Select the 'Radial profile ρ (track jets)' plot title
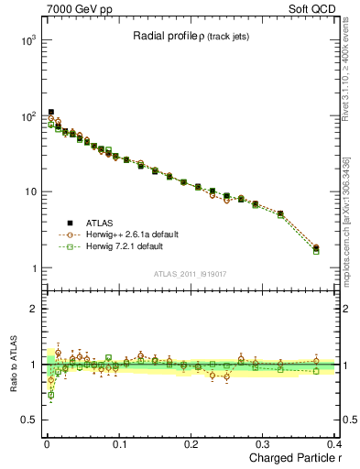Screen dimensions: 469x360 [190, 37]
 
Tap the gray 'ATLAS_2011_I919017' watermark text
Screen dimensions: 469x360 [190, 274]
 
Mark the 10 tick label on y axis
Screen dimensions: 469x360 [27, 192]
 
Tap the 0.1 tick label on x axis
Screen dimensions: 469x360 [119, 444]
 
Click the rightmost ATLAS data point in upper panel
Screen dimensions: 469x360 [316, 247]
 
